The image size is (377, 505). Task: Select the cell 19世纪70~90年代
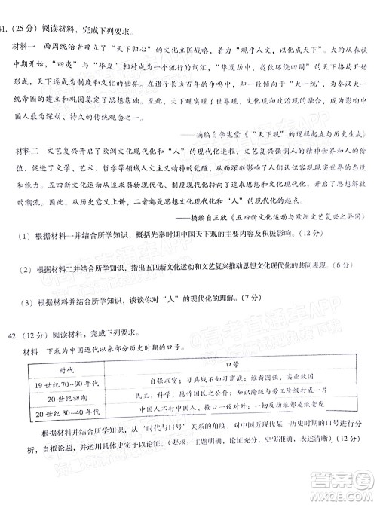64,384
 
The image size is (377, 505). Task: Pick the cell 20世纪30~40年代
64,412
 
